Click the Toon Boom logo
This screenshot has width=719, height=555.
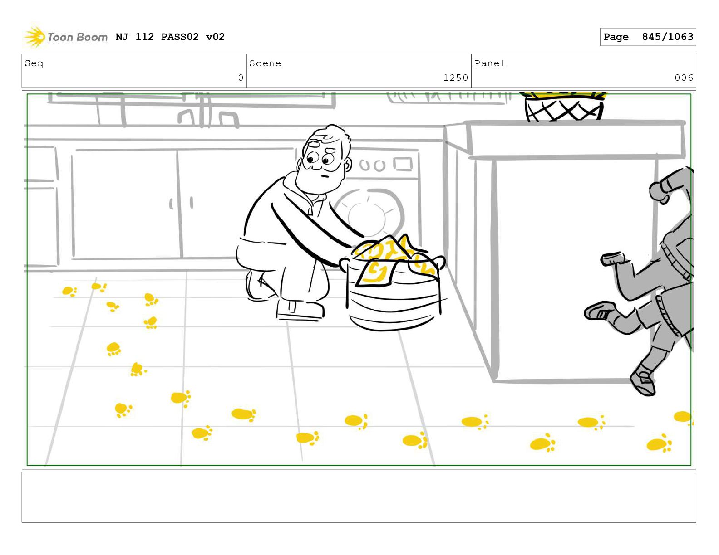point(66,37)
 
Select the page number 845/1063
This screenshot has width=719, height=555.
point(667,37)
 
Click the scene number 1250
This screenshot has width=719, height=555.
point(456,78)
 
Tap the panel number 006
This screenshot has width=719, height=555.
point(684,78)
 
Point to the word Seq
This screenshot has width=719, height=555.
point(34,63)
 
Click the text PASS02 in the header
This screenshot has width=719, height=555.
point(180,37)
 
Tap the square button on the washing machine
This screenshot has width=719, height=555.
point(403,164)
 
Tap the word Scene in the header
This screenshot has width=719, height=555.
point(265,63)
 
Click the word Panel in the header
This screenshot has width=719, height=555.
point(490,63)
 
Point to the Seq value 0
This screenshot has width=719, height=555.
point(241,78)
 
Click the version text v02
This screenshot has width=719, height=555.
point(215,37)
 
